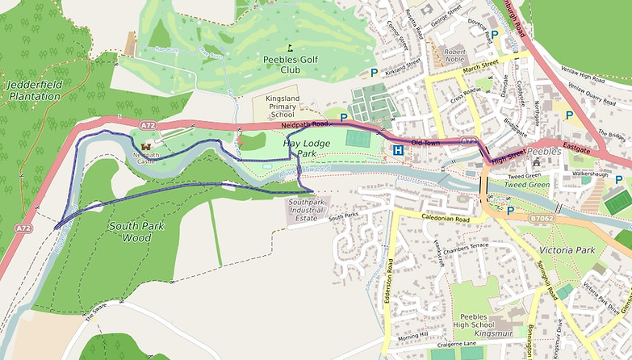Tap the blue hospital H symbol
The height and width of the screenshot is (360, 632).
point(398,151)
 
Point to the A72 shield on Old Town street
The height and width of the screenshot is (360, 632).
point(467,141)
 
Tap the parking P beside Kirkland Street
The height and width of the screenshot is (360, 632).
point(374,73)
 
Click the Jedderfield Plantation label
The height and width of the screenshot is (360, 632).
point(33,90)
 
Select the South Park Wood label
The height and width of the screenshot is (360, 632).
point(136,232)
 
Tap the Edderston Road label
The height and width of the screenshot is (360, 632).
point(389,278)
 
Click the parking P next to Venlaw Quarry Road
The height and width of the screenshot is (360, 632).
point(569,115)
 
